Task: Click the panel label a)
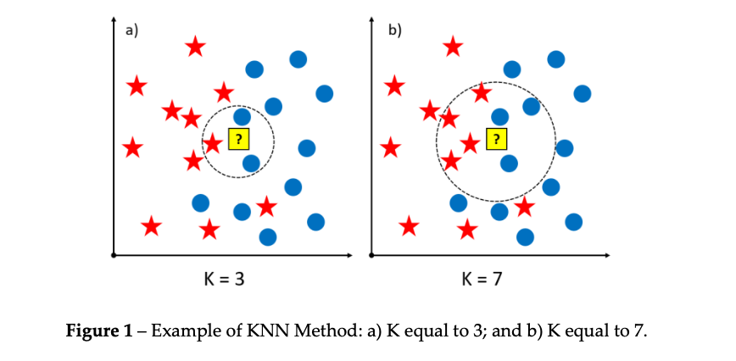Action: [x=131, y=31]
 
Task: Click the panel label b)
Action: [x=394, y=31]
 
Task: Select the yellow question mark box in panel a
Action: [x=238, y=139]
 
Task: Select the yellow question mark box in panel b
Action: [x=496, y=139]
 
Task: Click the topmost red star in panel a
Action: [x=195, y=47]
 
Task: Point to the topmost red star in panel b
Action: [x=453, y=47]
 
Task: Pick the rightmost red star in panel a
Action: [x=266, y=206]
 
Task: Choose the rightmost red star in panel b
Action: [x=524, y=206]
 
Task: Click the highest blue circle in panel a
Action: [x=298, y=58]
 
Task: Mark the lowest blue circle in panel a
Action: [x=268, y=236]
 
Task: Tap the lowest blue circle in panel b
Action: [x=526, y=236]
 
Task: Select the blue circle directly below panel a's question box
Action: [x=251, y=163]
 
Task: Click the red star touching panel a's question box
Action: [x=212, y=144]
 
